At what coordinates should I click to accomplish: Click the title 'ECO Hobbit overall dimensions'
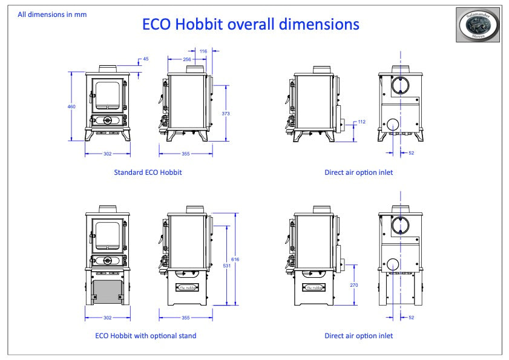tap(250, 24)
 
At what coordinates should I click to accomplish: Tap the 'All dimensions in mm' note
tap(51, 14)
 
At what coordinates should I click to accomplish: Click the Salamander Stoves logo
tap(478, 25)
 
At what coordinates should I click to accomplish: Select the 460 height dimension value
tap(72, 106)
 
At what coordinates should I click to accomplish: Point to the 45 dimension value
tap(145, 59)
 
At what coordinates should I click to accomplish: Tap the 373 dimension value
tap(226, 113)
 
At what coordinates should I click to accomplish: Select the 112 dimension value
tap(362, 122)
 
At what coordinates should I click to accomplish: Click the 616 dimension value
tap(235, 259)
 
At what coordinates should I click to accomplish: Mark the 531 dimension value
tap(226, 264)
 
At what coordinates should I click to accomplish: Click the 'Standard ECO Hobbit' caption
tap(148, 172)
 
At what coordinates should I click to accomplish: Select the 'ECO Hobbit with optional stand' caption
tap(146, 336)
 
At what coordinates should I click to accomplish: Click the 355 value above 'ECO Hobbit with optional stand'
tap(186, 318)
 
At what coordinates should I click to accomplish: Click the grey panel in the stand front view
tap(108, 289)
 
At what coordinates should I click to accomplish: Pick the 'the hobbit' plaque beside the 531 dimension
tap(186, 287)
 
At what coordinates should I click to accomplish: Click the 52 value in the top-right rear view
tap(411, 153)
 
